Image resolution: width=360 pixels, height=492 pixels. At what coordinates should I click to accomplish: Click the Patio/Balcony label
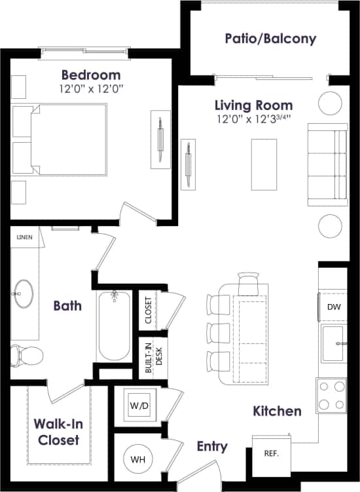270,39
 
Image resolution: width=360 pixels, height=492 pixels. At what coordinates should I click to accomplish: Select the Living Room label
254,105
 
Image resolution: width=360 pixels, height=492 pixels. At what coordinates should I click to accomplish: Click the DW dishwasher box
333,307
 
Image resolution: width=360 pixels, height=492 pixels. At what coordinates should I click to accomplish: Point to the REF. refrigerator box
271,453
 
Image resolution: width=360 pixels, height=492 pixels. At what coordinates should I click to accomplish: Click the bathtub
114,326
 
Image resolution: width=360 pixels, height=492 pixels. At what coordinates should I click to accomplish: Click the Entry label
212,447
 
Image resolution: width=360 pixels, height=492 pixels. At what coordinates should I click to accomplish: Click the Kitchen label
278,411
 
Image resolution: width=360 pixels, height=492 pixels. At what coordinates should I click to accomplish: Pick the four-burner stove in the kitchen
331,395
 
